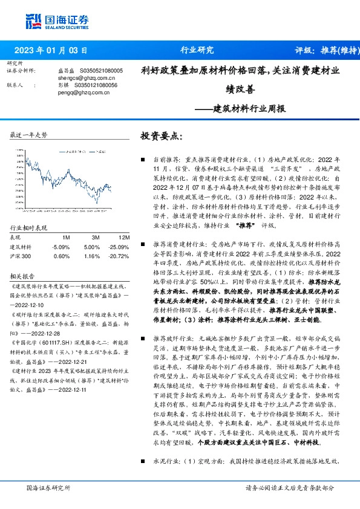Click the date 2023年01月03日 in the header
tap(54, 50)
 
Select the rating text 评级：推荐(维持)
tap(321, 50)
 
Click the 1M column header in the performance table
tap(66, 238)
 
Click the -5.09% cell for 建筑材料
tap(61, 247)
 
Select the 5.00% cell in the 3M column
tap(91, 247)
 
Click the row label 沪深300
tap(21, 256)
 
